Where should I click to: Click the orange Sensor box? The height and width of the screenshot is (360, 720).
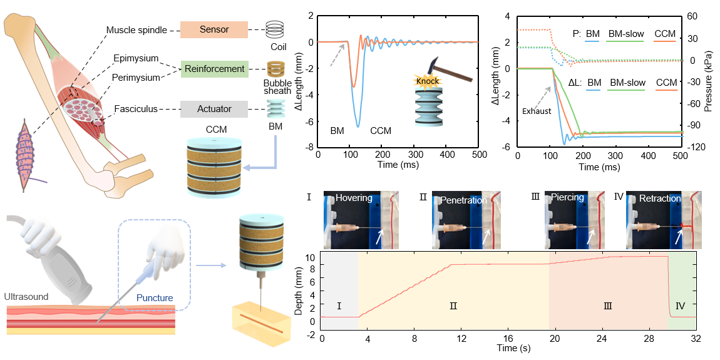click(x=214, y=29)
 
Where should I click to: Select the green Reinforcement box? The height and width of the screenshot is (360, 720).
click(x=214, y=69)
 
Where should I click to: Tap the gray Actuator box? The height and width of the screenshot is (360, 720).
click(x=214, y=109)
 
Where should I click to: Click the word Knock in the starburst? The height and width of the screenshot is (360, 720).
click(x=428, y=81)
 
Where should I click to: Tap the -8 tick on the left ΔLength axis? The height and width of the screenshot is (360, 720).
click(x=309, y=147)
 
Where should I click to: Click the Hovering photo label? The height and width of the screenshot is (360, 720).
click(x=354, y=198)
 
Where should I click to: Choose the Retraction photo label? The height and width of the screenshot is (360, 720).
click(x=659, y=198)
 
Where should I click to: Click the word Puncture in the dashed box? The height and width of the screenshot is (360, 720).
click(x=155, y=298)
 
